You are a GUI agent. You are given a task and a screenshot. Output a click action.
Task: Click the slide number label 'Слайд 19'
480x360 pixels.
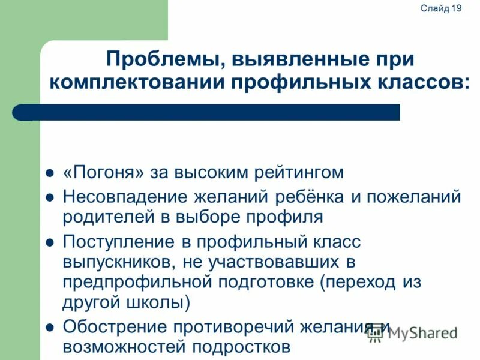tap(440, 8)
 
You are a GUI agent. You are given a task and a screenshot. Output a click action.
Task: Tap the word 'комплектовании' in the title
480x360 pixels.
tap(138, 82)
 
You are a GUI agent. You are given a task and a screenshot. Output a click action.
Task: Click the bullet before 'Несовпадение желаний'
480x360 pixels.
tap(50, 197)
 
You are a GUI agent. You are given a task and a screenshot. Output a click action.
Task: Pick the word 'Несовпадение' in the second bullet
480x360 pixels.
tap(126, 196)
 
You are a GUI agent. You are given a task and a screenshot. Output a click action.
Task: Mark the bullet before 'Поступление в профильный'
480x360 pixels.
tap(50, 243)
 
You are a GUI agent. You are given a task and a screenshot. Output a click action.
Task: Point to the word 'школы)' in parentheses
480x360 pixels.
tap(160, 302)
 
